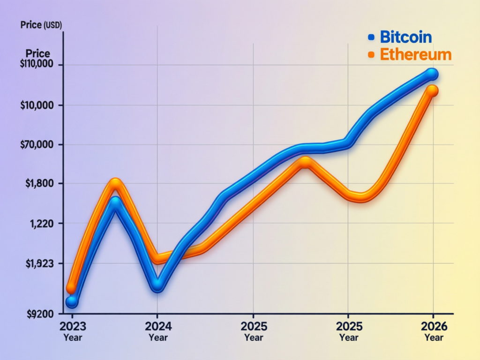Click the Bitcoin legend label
[405, 37]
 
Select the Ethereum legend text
[415, 54]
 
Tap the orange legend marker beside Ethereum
[371, 55]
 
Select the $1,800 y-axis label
[41, 183]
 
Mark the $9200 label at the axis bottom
[40, 314]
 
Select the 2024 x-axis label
[158, 326]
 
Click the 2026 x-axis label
[434, 326]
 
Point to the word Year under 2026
[434, 337]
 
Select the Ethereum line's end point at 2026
[432, 91]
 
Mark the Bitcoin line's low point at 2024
[158, 285]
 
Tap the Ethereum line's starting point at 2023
[71, 288]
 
